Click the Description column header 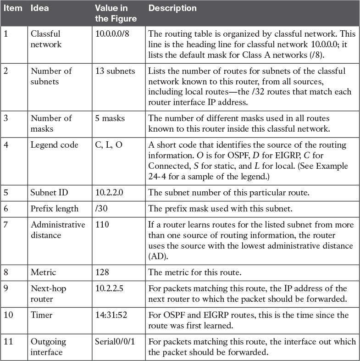[172, 8]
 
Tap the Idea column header [39, 8]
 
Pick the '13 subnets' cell [115, 71]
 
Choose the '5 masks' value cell [110, 118]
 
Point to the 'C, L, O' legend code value [109, 145]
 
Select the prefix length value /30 [101, 208]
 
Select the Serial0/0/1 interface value [116, 341]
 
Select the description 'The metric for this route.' [195, 272]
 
